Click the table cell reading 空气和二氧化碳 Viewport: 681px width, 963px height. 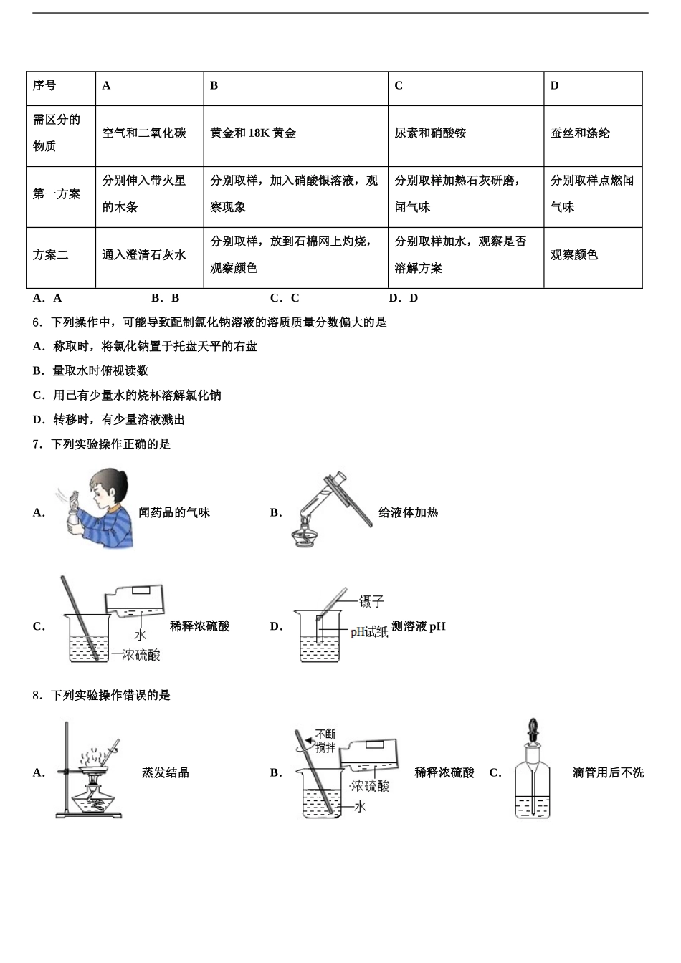tap(144, 133)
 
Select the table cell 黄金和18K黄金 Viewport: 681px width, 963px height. tap(253, 133)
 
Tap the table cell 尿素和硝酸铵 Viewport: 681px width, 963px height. tap(430, 133)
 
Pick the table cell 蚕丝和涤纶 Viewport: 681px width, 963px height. tap(580, 133)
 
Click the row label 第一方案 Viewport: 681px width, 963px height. tap(57, 194)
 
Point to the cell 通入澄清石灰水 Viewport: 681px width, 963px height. tap(144, 255)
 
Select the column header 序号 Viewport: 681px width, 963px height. tap(44, 85)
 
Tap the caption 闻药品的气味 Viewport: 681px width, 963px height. tap(174, 513)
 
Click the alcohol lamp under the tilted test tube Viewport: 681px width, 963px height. tap(308, 536)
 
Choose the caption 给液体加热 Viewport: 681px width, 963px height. tap(408, 513)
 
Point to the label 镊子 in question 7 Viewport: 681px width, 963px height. tap(371, 601)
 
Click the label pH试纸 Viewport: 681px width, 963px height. tap(369, 631)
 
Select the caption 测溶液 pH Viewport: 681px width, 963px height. tap(419, 626)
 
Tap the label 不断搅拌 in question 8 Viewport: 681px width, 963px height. tap(325, 741)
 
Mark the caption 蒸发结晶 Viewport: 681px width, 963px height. tap(166, 773)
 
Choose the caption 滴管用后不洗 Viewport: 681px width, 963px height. tap(608, 773)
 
